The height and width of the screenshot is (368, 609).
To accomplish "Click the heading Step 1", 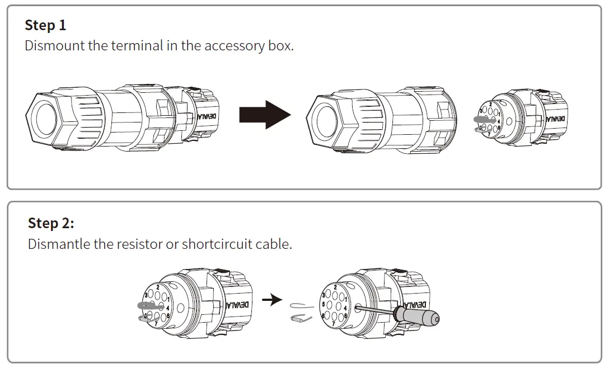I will click(45, 25).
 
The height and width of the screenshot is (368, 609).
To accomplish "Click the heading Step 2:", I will click(51, 223).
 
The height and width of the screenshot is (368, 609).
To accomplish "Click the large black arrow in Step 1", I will click(265, 115).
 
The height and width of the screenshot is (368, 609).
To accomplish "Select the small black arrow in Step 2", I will click(272, 300).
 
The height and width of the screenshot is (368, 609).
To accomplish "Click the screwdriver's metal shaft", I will click(375, 308).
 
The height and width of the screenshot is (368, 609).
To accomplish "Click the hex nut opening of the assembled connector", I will click(46, 119).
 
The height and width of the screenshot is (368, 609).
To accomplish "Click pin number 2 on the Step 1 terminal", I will click(491, 105).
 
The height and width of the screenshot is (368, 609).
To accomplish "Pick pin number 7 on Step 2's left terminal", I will click(155, 323).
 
